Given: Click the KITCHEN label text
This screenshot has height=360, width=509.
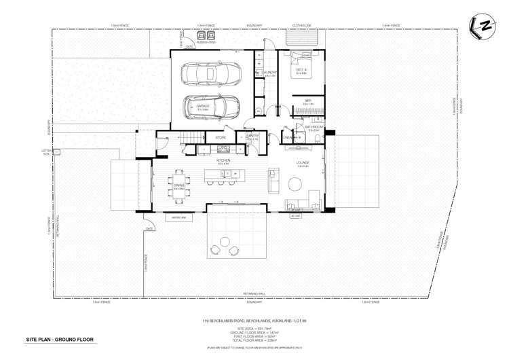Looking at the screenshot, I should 223,160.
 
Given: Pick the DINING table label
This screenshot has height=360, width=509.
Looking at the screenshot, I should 179,185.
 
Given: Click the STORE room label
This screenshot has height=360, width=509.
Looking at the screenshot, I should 221,137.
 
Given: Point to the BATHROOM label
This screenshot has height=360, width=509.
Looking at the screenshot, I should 314,126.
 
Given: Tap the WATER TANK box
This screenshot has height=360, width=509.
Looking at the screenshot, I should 179,218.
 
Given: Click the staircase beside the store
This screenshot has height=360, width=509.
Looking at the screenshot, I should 188,139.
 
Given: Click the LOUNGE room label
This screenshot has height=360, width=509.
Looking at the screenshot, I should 303,163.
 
